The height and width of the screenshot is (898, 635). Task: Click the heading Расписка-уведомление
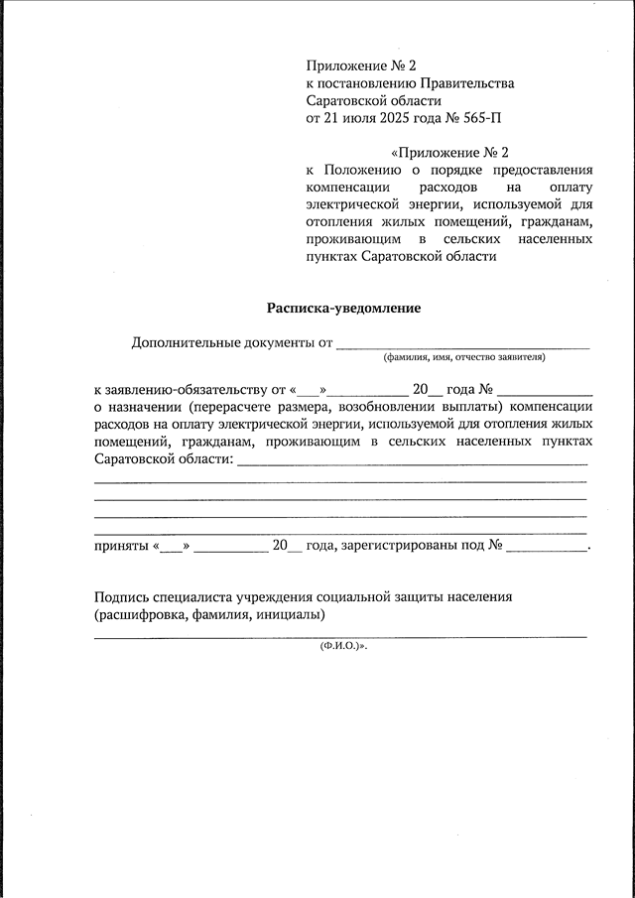point(343,308)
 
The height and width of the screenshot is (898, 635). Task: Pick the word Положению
point(359,170)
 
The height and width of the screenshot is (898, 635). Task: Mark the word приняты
point(121,545)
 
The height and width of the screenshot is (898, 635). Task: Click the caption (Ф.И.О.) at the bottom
point(342,646)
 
